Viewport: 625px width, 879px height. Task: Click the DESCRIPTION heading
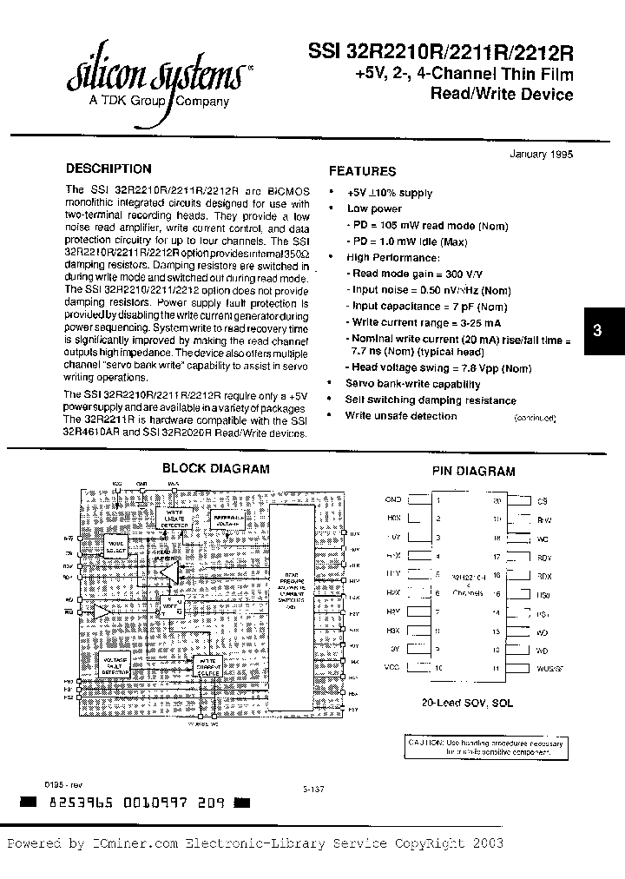tap(109, 169)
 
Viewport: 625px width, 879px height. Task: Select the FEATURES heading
tap(362, 171)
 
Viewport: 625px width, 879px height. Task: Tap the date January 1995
tap(538, 153)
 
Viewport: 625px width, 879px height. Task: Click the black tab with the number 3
tap(597, 330)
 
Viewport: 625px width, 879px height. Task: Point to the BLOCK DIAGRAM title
tap(216, 468)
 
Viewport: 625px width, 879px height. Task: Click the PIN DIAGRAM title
tap(473, 472)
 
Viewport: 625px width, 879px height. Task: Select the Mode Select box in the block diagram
tap(115, 547)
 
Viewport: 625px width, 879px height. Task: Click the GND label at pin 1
tap(392, 501)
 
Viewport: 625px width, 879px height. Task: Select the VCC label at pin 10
tap(392, 668)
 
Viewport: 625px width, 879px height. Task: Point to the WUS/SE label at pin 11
tap(550, 668)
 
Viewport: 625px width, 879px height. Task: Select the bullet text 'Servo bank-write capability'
tap(412, 384)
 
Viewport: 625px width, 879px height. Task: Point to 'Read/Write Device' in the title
tap(502, 95)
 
